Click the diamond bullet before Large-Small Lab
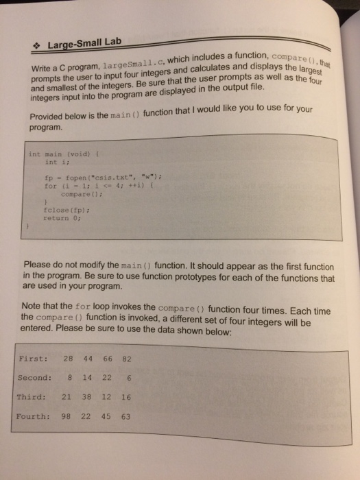(x=40, y=47)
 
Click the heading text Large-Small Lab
(x=84, y=44)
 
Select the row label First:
(x=32, y=358)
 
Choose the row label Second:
(x=34, y=377)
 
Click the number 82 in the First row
(x=125, y=358)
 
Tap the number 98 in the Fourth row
(x=67, y=415)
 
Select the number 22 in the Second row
(x=106, y=377)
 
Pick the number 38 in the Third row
(x=86, y=396)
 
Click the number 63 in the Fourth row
(x=125, y=415)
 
